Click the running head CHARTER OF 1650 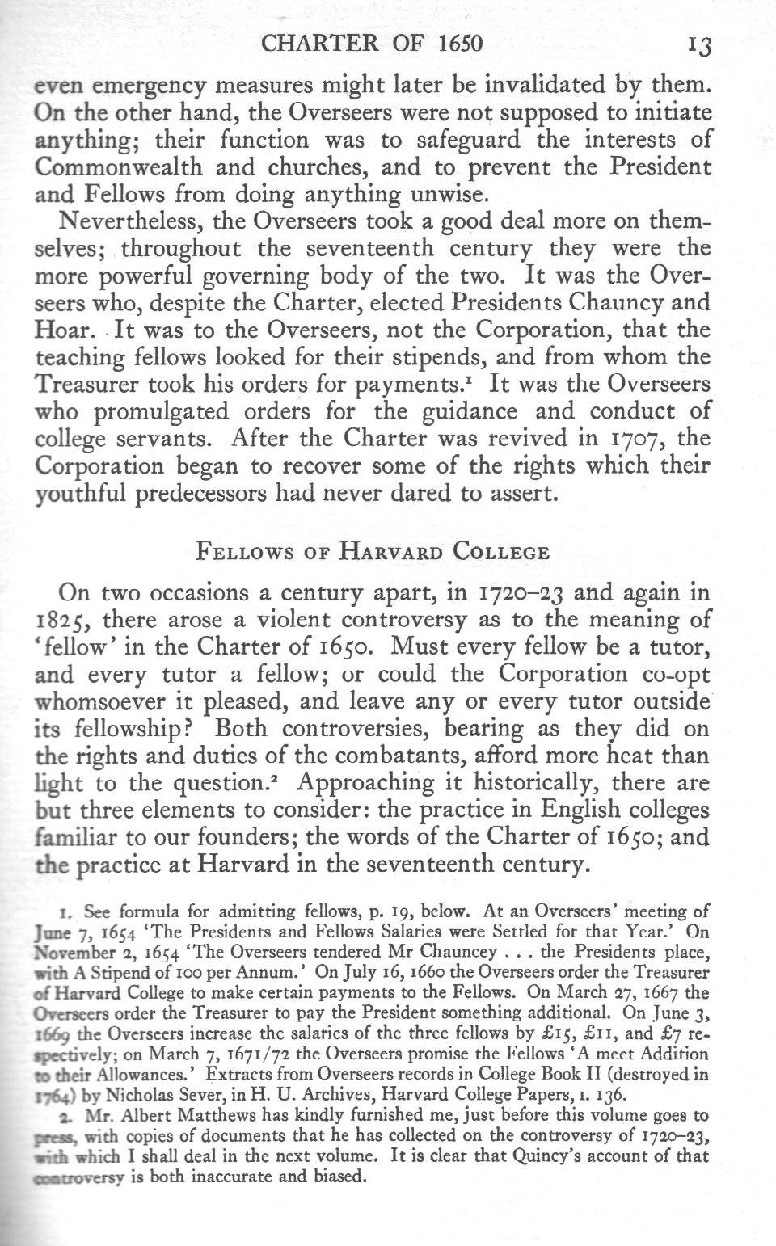(x=373, y=43)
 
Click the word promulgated (x=155, y=411)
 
